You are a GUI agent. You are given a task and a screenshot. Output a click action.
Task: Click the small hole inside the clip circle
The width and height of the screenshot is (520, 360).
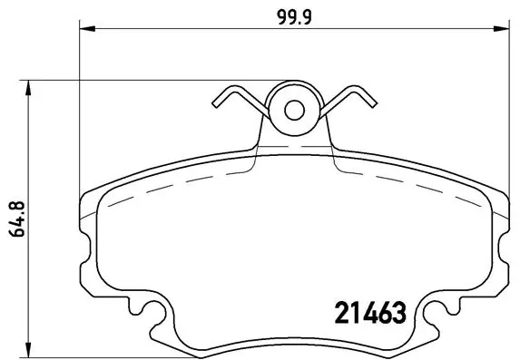click(x=293, y=110)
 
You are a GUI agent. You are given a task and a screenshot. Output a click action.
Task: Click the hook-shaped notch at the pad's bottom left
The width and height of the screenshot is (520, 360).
click(x=154, y=317)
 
